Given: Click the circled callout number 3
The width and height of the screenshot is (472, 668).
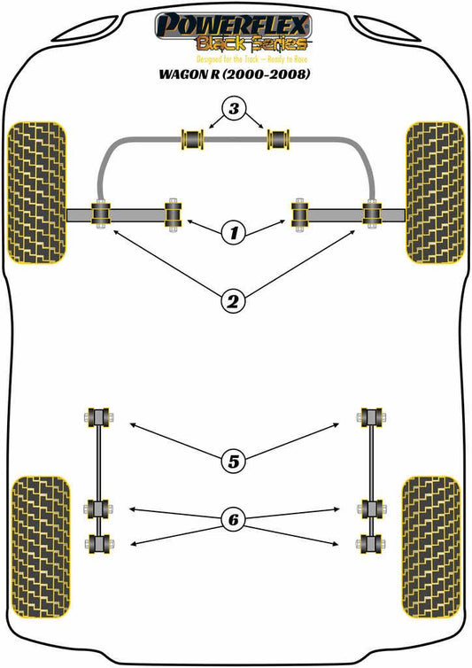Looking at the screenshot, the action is pyautogui.click(x=234, y=109).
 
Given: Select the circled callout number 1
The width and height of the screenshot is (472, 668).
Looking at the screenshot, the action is pyautogui.click(x=234, y=233).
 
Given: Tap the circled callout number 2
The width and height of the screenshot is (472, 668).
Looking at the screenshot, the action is pyautogui.click(x=234, y=302).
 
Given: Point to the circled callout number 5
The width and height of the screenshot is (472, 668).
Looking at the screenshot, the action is pyautogui.click(x=234, y=462).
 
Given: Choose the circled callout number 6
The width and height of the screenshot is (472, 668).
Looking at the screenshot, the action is pyautogui.click(x=234, y=519).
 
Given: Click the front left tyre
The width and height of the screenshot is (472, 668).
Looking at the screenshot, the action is pyautogui.click(x=37, y=192).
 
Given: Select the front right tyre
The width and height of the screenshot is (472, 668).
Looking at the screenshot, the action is pyautogui.click(x=435, y=192).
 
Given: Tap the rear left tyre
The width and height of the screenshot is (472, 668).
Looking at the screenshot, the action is pyautogui.click(x=40, y=547).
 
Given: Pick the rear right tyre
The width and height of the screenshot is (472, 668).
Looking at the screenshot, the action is pyautogui.click(x=431, y=547).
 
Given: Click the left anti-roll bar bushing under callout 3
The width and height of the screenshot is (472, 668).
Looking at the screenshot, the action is pyautogui.click(x=193, y=139).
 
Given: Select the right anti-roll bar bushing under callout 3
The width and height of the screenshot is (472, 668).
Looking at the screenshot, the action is pyautogui.click(x=278, y=139).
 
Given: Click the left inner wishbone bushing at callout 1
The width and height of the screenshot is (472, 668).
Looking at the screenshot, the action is pyautogui.click(x=174, y=214).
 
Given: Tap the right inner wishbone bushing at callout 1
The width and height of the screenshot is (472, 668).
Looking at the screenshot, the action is pyautogui.click(x=300, y=214).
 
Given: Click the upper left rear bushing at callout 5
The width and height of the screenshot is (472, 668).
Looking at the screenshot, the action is pyautogui.click(x=99, y=416).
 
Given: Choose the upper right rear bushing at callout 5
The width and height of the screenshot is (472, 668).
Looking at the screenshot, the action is pyautogui.click(x=371, y=416).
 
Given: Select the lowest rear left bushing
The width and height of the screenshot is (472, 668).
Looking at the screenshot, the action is pyautogui.click(x=99, y=544).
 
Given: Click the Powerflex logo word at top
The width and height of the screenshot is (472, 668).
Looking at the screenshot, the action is pyautogui.click(x=233, y=25).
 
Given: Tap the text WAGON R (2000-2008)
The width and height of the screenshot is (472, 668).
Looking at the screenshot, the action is pyautogui.click(x=235, y=74).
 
